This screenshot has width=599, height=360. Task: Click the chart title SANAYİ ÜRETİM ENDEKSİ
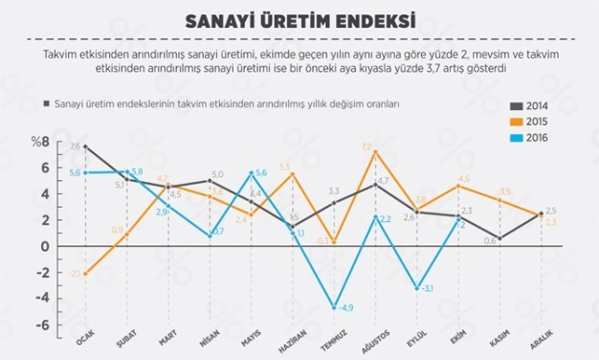click(x=299, y=20)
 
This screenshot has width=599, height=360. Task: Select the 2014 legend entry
click(x=535, y=106)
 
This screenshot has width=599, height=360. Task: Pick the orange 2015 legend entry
click(x=535, y=123)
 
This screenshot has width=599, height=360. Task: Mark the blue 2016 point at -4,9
click(x=334, y=307)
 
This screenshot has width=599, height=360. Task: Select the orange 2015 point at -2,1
click(x=86, y=274)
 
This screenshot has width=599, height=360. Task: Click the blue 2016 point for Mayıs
click(x=251, y=173)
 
